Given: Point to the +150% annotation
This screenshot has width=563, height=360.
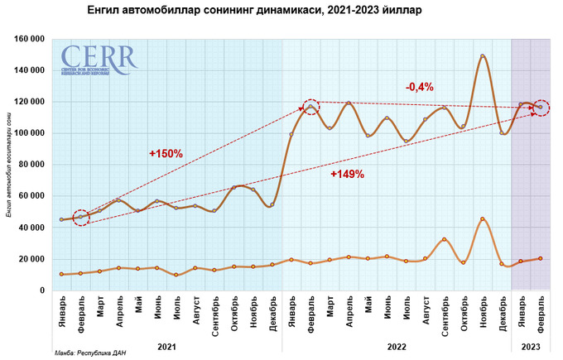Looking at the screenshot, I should click(x=166, y=153).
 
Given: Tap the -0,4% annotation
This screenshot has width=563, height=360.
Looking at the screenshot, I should click(x=420, y=86).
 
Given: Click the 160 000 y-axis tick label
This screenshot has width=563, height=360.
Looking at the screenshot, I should click(x=30, y=39).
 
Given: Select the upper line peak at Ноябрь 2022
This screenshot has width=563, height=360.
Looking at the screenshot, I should click(x=482, y=56).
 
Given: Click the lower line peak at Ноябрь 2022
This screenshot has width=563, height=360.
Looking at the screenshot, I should click(x=482, y=219).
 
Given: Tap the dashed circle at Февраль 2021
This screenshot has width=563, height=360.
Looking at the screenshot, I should click(x=80, y=218).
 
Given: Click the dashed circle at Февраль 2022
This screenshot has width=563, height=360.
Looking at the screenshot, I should click(x=310, y=107).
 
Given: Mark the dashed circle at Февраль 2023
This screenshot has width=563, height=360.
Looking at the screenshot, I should click(x=541, y=107).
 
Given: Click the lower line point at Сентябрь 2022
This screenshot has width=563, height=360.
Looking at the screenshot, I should click(x=444, y=239).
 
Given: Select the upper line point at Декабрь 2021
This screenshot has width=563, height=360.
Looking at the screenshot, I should click(x=272, y=204).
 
